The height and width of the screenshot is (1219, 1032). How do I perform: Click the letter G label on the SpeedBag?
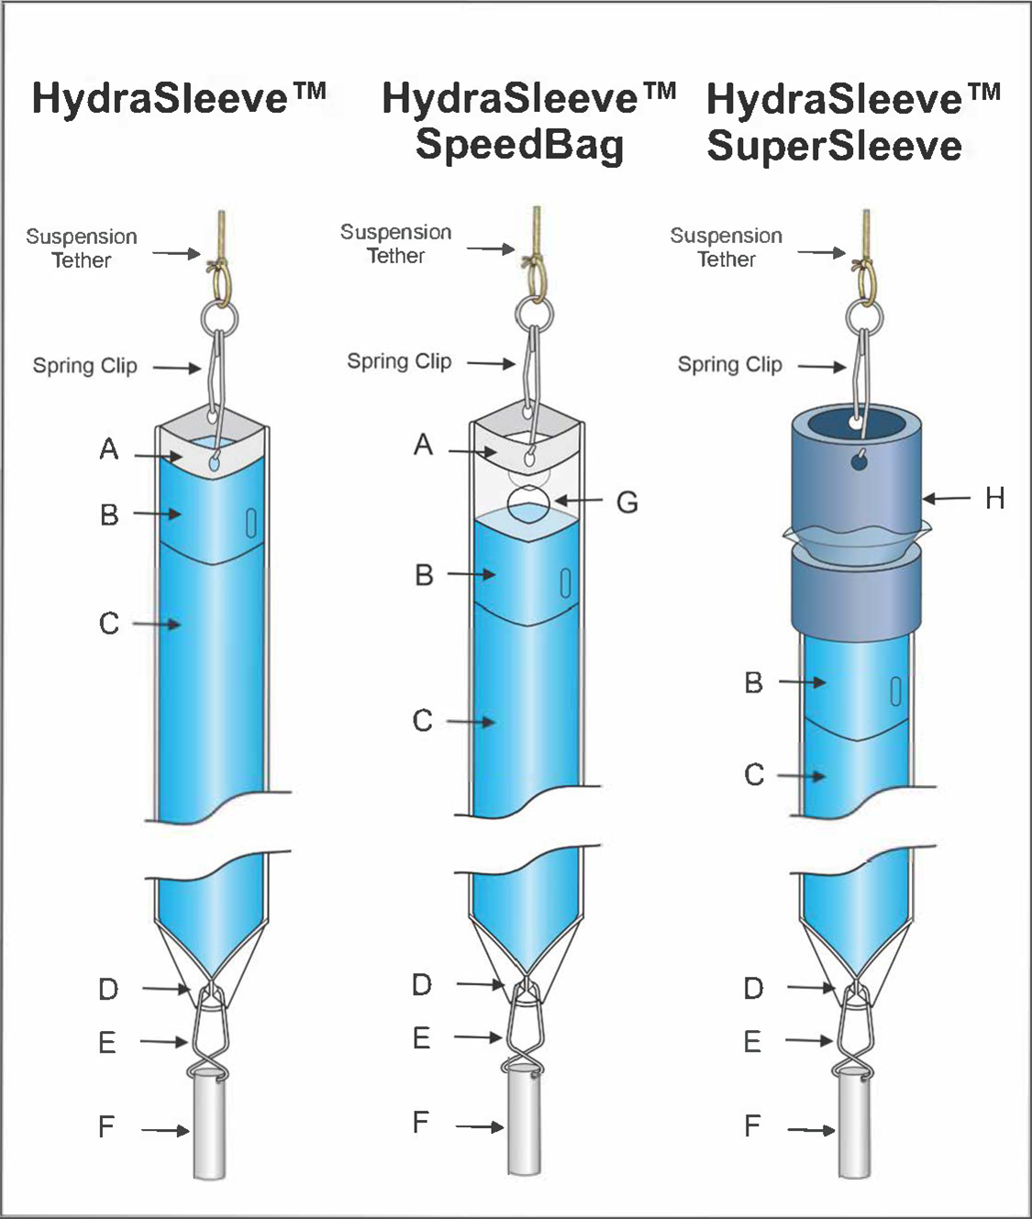627,503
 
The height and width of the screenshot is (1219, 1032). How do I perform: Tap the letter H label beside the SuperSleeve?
994,499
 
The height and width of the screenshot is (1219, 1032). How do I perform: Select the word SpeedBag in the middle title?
519,145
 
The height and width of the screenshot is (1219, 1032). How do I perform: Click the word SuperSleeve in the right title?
834,147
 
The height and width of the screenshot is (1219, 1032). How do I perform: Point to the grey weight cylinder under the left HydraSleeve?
209,1129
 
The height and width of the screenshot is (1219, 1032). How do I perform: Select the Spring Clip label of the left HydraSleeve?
84,366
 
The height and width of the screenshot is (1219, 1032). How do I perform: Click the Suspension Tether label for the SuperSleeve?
726,248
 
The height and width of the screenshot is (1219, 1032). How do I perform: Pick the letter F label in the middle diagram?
420,1123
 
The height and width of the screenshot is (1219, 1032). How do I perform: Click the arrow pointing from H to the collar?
946,499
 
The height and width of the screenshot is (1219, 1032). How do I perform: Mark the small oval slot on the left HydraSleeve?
250,523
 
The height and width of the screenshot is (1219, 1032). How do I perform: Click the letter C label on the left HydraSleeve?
108,624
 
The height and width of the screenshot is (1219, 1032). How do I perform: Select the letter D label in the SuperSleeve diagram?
752,989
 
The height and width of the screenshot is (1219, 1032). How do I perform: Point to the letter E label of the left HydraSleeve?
107,1043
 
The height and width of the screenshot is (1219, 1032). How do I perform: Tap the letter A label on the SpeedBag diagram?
422,446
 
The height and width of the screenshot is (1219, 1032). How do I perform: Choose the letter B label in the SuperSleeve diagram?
753,683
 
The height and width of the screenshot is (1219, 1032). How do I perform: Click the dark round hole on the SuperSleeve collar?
860,462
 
